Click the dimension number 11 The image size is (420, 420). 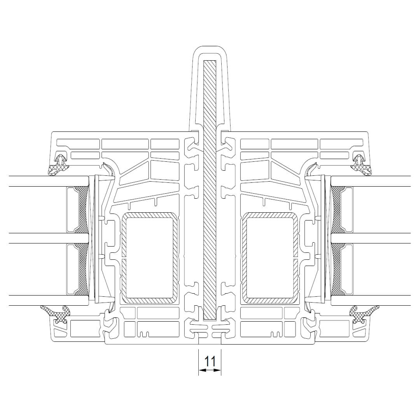click(210, 361)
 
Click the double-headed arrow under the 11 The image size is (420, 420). click(210, 370)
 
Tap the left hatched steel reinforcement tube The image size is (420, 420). click(150, 258)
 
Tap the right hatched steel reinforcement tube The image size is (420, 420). click(270, 258)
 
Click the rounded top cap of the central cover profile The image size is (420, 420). click(210, 51)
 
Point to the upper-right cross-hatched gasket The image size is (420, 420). click(361, 165)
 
